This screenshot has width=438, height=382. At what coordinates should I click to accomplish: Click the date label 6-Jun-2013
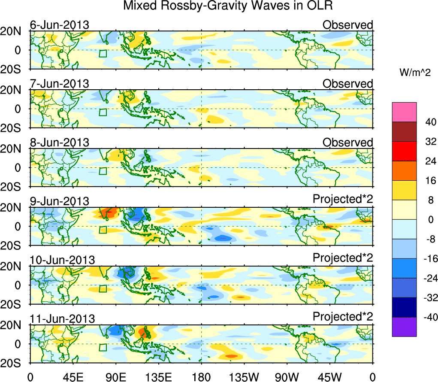(59, 25)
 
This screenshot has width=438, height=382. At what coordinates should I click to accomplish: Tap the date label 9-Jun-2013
(59, 201)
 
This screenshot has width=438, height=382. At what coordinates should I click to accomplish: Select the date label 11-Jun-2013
(62, 319)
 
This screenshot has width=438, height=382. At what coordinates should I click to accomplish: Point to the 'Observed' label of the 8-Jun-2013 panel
(347, 142)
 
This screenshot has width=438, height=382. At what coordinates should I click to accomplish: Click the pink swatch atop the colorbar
(404, 112)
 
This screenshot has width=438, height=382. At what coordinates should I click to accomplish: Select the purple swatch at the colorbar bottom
(404, 327)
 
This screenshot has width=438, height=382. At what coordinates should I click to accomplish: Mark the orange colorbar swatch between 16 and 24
(404, 170)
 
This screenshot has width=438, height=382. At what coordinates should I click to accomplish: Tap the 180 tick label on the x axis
(201, 377)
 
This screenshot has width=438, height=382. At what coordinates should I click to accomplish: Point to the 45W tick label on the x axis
(330, 377)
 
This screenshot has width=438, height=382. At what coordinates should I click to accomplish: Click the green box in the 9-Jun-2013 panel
(103, 230)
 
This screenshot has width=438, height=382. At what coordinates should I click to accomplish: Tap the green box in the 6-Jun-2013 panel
(103, 53)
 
